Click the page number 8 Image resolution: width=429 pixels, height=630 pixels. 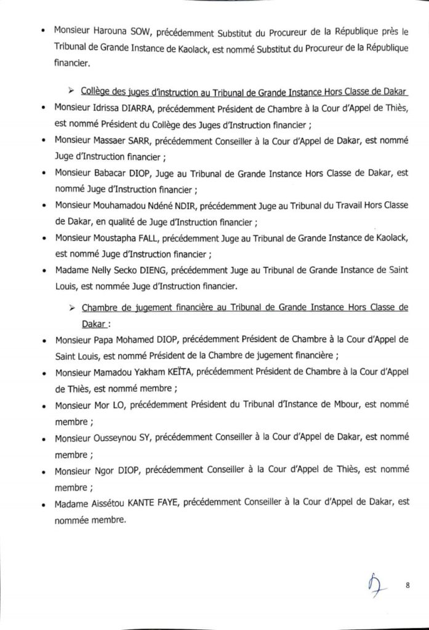407,585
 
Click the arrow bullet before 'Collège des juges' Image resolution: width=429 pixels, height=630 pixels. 71,91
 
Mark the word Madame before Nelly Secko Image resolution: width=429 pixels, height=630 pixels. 71,269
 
